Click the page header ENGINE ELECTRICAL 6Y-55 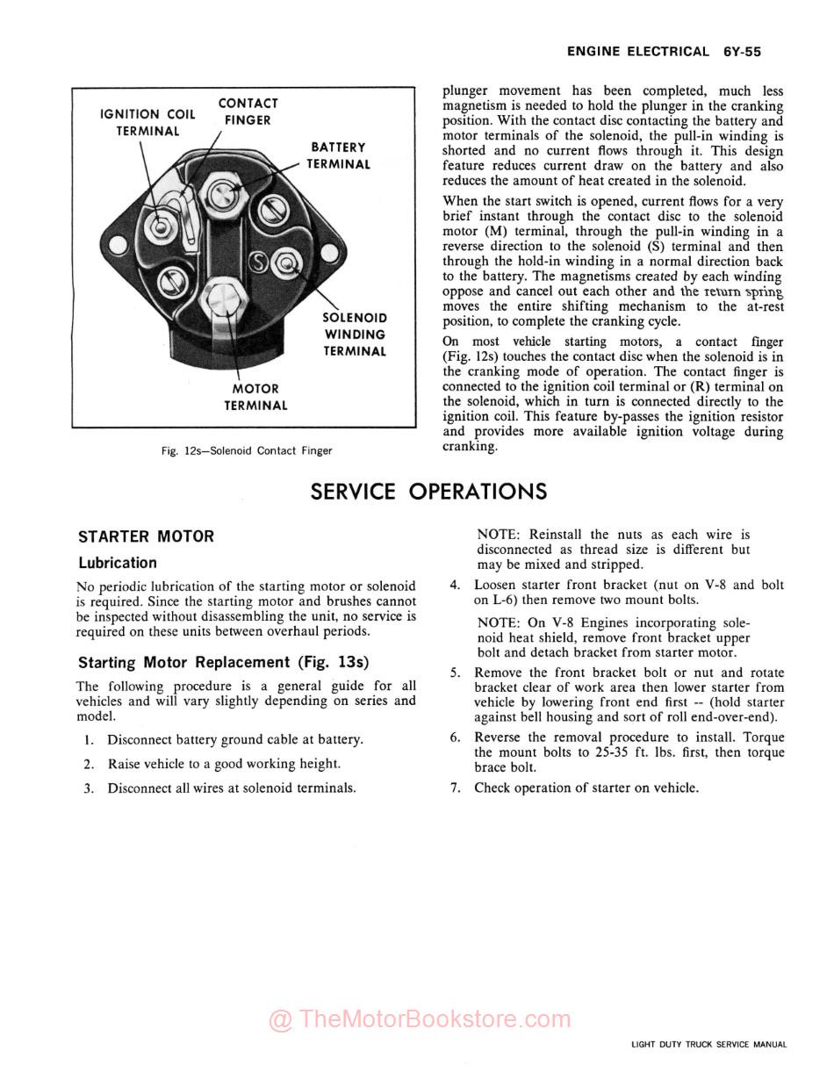tap(663, 52)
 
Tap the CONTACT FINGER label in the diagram tap(248, 111)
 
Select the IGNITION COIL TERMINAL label tap(147, 122)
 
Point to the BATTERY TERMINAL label tap(338, 155)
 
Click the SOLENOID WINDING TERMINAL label tap(355, 334)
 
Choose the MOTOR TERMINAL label tap(255, 397)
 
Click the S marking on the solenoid tap(259, 261)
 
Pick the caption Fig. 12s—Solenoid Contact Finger tap(247, 450)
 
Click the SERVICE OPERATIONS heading tap(428, 492)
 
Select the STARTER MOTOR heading tap(146, 536)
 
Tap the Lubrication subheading tap(118, 563)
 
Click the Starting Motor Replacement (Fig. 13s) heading tap(223, 662)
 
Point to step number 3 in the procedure tap(89, 788)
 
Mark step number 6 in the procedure tap(455, 737)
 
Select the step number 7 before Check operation tap(455, 788)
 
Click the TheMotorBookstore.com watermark tap(420, 1019)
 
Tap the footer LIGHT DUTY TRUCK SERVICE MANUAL tap(708, 1045)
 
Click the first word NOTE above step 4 tap(496, 534)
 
